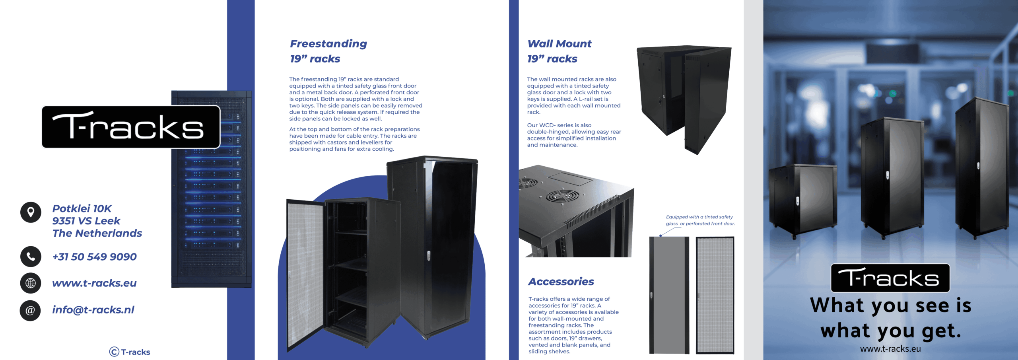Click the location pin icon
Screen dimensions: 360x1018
click(x=31, y=212)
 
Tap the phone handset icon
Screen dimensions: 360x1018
click(x=31, y=257)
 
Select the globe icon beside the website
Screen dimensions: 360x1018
click(x=31, y=283)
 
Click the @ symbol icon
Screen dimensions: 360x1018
click(x=30, y=310)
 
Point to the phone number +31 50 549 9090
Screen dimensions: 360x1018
click(x=94, y=257)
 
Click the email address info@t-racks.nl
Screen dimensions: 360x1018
click(x=93, y=310)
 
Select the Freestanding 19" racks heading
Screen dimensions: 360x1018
click(x=328, y=51)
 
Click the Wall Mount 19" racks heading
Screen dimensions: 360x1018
click(x=559, y=51)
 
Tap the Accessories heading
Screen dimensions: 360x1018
click(x=561, y=282)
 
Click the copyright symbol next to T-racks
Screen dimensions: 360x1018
click(x=114, y=352)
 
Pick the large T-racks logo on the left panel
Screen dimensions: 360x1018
click(x=131, y=127)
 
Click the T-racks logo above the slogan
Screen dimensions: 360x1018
click(x=890, y=278)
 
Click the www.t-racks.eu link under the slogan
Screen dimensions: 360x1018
click(x=890, y=349)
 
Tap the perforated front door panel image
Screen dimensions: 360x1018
click(x=715, y=295)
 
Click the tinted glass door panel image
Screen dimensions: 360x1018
click(x=669, y=295)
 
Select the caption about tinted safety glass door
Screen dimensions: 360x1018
click(x=700, y=220)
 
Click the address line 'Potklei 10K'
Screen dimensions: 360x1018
click(x=82, y=208)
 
